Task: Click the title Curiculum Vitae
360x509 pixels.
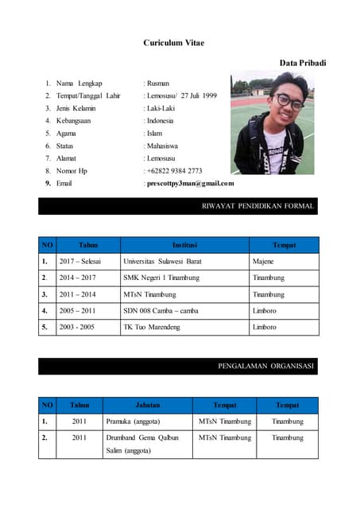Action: pyautogui.click(x=173, y=42)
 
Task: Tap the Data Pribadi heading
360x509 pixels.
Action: pyautogui.click(x=303, y=62)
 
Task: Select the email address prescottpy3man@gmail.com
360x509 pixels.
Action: pyautogui.click(x=190, y=183)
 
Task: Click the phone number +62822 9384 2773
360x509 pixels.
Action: pyautogui.click(x=174, y=170)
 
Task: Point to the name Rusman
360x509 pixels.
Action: pyautogui.click(x=157, y=83)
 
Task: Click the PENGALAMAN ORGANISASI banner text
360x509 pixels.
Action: pyautogui.click(x=266, y=367)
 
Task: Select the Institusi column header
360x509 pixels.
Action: pyautogui.click(x=184, y=245)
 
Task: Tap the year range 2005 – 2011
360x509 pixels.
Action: pyautogui.click(x=77, y=310)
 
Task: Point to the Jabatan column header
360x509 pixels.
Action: pyautogui.click(x=147, y=405)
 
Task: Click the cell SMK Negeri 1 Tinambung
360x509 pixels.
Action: pyautogui.click(x=161, y=278)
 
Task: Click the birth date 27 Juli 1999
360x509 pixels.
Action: pyautogui.click(x=197, y=95)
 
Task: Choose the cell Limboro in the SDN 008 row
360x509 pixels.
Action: pyautogui.click(x=265, y=310)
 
